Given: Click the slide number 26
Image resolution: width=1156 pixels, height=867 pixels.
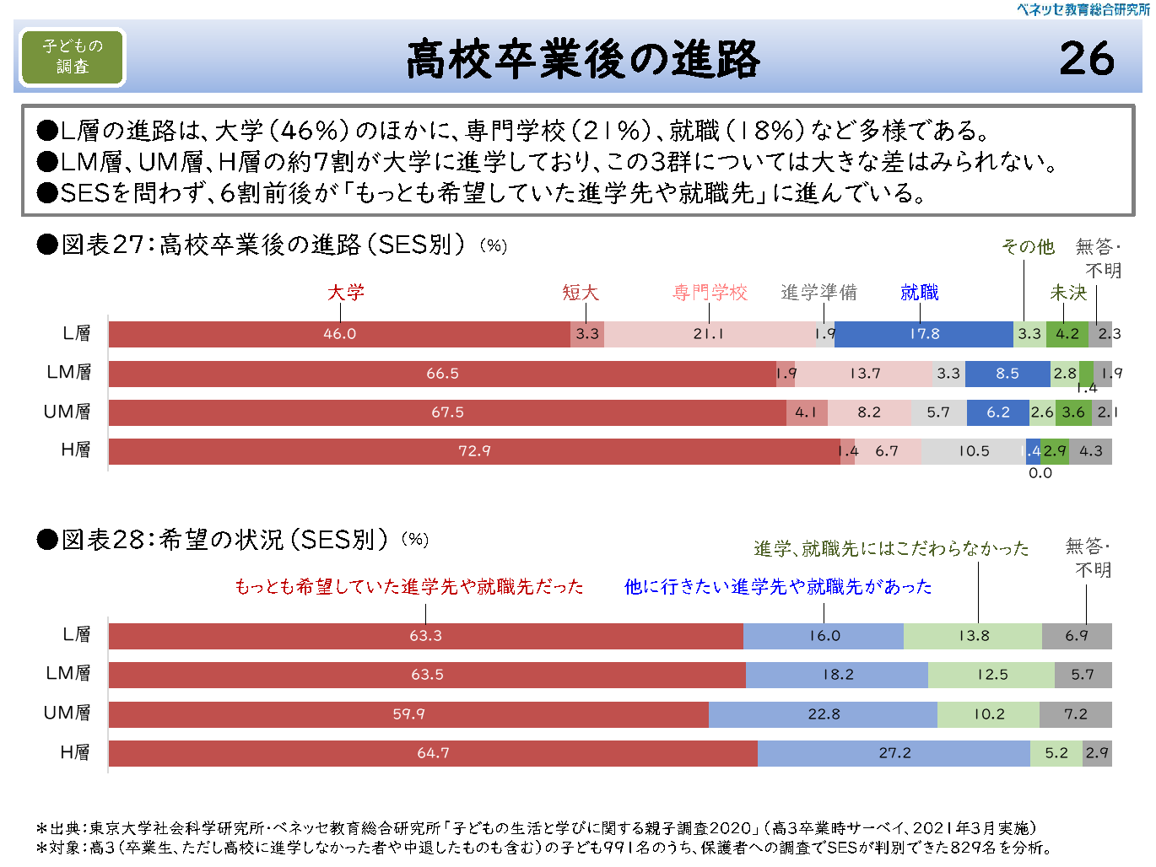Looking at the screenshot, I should click(1087, 59).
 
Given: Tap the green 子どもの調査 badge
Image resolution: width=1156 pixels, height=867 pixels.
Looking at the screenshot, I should click(73, 57).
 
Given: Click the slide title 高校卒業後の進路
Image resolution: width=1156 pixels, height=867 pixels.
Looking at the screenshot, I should click(583, 59).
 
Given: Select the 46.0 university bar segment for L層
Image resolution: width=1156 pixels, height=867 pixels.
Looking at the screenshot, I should click(339, 334).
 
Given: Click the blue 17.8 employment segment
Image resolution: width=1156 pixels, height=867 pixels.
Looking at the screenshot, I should click(924, 334).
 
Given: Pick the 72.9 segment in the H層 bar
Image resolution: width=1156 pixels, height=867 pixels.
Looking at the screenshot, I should click(474, 451).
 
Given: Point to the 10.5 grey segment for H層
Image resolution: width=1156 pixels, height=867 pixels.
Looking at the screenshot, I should click(973, 451).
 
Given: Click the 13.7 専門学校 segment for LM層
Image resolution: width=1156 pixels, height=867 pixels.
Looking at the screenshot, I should click(865, 374).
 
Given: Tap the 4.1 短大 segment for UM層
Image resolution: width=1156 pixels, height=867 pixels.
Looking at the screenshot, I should click(806, 412).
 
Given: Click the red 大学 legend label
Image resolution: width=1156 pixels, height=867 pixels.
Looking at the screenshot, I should click(346, 293).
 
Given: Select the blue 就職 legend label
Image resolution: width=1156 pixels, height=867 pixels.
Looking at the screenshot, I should click(919, 293).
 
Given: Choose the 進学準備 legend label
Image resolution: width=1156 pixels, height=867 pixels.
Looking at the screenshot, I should click(818, 293).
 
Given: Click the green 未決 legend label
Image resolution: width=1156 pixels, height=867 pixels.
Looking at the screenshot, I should click(1068, 293).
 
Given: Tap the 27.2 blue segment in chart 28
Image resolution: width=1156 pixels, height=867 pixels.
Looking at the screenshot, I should click(894, 753).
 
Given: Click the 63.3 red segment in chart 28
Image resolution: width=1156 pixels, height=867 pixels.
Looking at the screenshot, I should click(425, 636).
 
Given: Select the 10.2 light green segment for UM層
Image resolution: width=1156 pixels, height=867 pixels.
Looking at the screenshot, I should click(989, 714).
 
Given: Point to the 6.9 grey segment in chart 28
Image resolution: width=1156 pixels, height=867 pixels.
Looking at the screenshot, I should click(1077, 636).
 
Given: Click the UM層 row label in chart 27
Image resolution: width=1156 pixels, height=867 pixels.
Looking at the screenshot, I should click(68, 412).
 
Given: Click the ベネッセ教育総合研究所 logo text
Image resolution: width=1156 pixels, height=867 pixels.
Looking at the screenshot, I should click(1083, 9).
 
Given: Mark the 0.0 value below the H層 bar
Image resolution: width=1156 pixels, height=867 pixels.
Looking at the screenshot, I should click(1040, 473).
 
